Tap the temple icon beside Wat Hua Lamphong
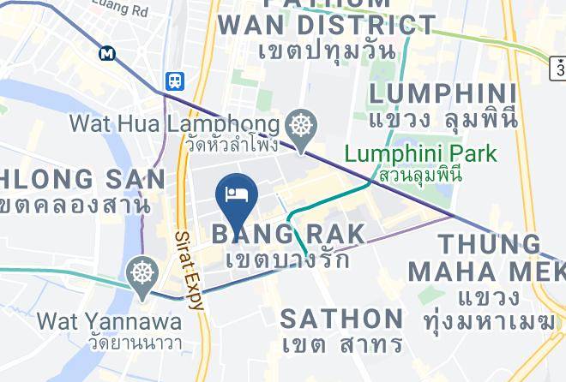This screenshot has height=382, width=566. click(302, 125)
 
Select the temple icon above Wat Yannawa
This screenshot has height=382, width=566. click(141, 274)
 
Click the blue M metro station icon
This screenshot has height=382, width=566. click(107, 53)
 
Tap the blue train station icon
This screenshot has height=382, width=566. click(175, 81)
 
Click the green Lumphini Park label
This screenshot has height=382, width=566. click(420, 155)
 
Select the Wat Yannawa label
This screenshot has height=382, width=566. click(109, 322)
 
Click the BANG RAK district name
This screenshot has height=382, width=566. click(288, 233)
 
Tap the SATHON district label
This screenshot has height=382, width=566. click(342, 319)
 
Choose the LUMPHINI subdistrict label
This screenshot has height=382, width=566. click(443, 93)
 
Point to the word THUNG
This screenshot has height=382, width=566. click(491, 244)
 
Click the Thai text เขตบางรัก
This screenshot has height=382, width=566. click(288, 258)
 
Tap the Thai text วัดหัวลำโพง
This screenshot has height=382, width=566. click(232, 143)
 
